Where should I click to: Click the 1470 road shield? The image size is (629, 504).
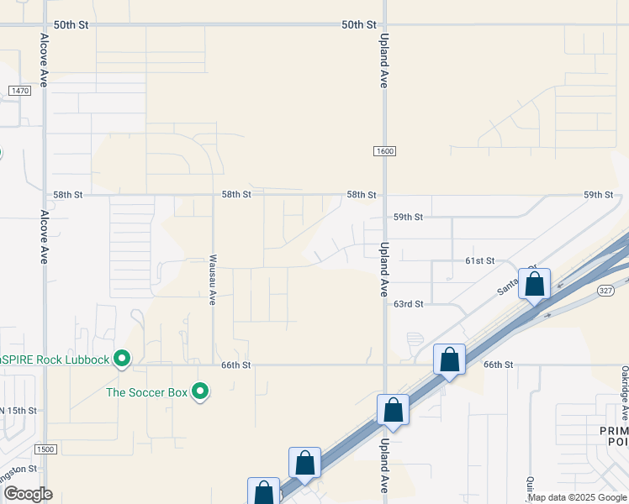(x=19, y=90)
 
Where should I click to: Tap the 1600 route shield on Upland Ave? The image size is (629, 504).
(x=384, y=150)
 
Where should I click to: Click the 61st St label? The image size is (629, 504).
(x=479, y=261)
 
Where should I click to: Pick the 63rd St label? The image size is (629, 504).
(x=408, y=303)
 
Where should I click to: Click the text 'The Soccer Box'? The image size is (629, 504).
(x=147, y=391)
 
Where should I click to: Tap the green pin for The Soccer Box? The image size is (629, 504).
(x=200, y=391)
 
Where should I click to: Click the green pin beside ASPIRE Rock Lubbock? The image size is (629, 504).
(x=122, y=359)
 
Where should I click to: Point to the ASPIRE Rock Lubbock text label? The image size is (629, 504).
(x=55, y=360)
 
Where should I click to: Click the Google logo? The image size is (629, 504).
(x=27, y=494)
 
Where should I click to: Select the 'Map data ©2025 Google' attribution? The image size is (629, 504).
(x=577, y=497)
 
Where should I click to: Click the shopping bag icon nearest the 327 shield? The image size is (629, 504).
(x=534, y=285)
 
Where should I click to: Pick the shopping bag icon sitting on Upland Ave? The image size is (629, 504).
(x=393, y=410)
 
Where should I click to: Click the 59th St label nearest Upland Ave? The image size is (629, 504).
(x=408, y=217)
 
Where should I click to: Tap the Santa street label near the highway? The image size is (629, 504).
(x=508, y=286)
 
